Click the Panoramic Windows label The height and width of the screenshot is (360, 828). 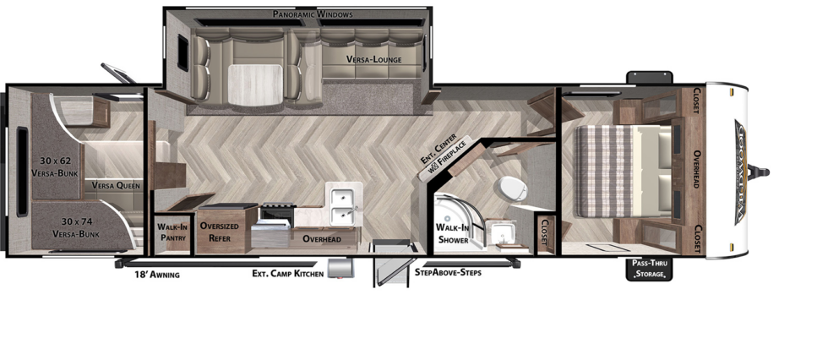[313, 14]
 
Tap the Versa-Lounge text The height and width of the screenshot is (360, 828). [373, 60]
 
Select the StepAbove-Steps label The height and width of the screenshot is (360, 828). [448, 273]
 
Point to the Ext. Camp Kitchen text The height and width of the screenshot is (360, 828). [287, 274]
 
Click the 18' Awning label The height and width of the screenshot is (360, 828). [156, 275]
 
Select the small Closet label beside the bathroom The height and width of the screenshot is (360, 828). [544, 232]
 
